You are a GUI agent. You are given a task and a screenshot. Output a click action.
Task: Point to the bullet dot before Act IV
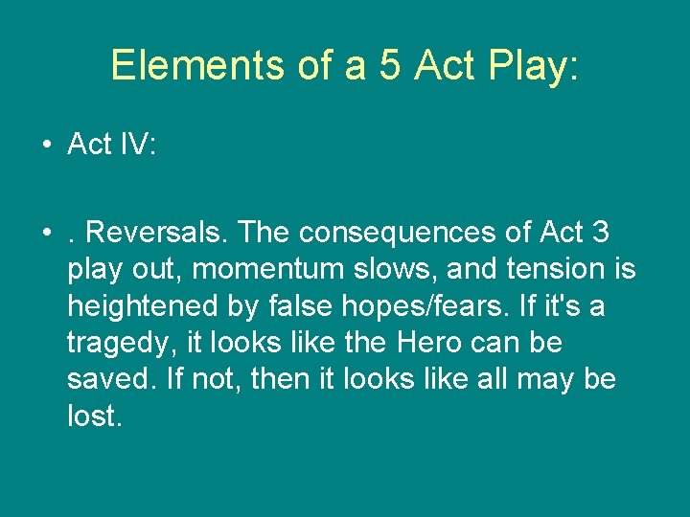[46, 146]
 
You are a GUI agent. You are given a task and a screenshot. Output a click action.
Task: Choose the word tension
[557, 270]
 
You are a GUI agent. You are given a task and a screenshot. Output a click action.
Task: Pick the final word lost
[94, 416]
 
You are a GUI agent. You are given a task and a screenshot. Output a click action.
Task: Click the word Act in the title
[446, 65]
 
